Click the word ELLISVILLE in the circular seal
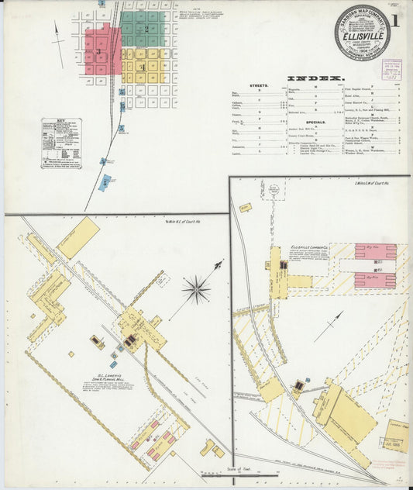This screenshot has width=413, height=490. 361,34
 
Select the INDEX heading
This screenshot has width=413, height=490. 315,78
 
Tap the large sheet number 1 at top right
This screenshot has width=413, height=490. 395,21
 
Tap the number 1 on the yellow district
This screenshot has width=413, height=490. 142,67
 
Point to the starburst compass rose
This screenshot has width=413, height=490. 197,289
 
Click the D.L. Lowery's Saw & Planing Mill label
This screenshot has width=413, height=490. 106,380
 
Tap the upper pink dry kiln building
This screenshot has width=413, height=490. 375,252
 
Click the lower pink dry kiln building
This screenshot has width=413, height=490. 375,279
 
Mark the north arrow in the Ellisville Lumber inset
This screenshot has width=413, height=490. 329,326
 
